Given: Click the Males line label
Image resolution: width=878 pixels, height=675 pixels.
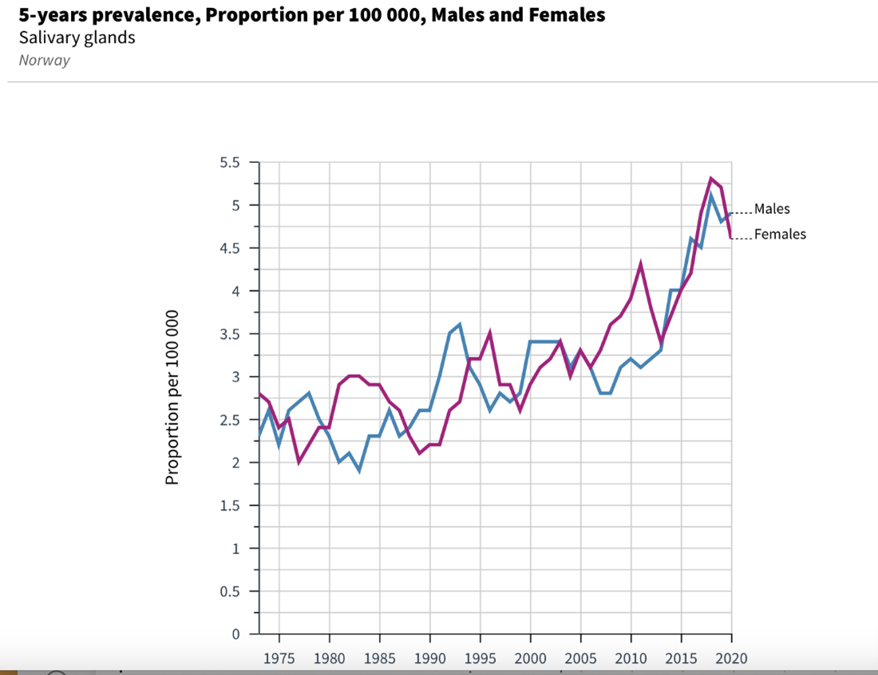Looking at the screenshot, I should point(772,209).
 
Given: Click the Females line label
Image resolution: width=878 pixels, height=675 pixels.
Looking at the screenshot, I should point(780,235).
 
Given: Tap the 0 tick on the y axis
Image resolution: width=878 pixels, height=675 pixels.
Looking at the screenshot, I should point(235,634).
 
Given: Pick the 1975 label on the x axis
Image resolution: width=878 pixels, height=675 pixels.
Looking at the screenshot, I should point(279,659).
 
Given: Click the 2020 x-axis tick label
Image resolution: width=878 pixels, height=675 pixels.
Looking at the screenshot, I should point(731,659).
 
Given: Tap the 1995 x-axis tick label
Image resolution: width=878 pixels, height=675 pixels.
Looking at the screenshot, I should point(480,659).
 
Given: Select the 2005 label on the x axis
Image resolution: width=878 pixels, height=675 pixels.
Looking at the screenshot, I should point(580,659).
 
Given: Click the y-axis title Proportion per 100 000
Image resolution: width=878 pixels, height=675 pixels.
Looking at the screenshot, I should point(172,397).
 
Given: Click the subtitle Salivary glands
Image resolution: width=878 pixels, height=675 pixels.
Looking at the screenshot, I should point(77,37).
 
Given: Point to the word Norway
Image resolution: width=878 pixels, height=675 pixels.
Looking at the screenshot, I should point(44,61).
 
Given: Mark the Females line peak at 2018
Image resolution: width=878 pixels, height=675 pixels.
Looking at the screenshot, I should point(711,179).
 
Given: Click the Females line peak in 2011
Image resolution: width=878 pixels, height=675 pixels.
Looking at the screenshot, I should point(641,264).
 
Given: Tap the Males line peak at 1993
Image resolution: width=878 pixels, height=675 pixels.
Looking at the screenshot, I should point(460,325).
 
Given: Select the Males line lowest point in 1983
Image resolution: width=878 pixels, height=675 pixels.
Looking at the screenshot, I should point(359,471).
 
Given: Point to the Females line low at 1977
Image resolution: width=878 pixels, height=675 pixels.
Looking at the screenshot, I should point(299,462).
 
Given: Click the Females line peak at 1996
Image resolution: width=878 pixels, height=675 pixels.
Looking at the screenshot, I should point(490,334).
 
